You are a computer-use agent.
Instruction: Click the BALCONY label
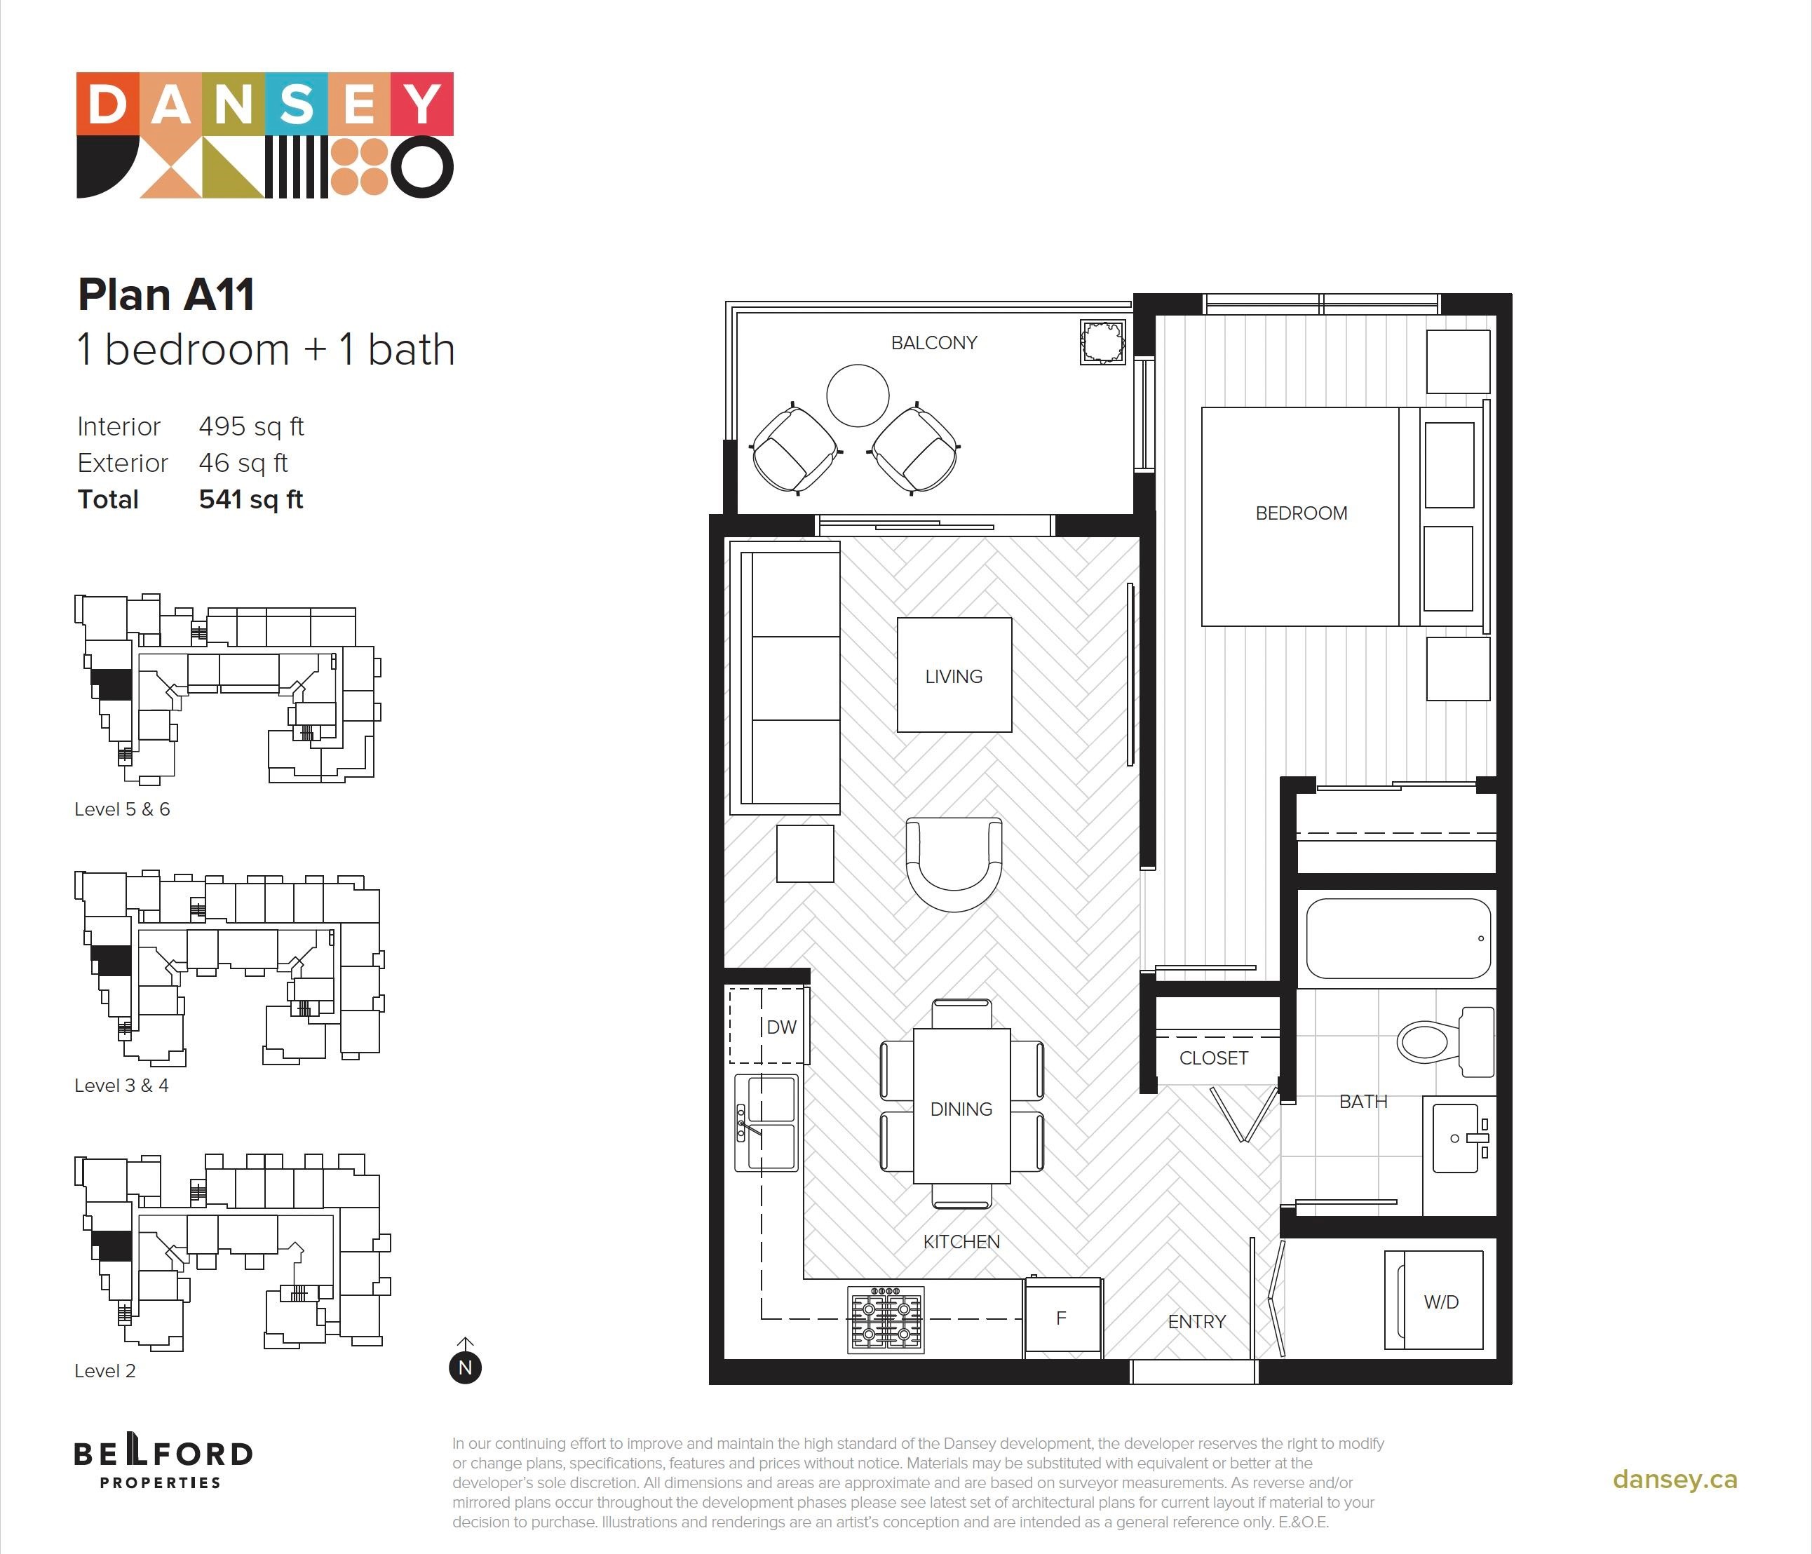(x=934, y=343)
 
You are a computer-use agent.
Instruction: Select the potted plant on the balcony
(x=1103, y=341)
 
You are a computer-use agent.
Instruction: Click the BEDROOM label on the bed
(x=1301, y=513)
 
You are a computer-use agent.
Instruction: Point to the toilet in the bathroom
(x=1445, y=1041)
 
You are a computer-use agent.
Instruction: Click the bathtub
(x=1398, y=938)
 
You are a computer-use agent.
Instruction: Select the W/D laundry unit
(x=1434, y=1300)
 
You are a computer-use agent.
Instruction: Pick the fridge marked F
(x=1062, y=1318)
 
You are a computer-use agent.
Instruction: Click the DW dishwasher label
(x=781, y=1027)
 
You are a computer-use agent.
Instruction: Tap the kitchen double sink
(x=766, y=1123)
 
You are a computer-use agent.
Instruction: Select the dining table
(x=962, y=1107)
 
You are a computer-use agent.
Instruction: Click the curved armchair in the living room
(x=954, y=865)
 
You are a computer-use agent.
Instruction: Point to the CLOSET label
(x=1213, y=1058)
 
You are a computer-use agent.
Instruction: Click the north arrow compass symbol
(x=465, y=1362)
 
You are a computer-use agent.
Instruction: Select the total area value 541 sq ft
(x=251, y=499)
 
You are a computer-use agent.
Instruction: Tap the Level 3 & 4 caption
(x=121, y=1086)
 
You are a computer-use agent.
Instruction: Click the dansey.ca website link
(x=1675, y=1480)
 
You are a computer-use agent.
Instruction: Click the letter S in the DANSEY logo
(x=297, y=104)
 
